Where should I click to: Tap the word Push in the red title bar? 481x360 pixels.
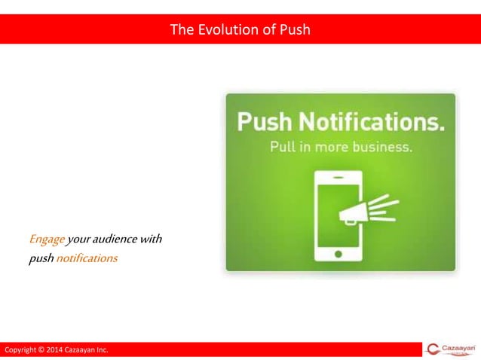point(294,30)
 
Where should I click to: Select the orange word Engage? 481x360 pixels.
point(47,239)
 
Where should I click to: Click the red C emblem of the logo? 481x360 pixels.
point(433,349)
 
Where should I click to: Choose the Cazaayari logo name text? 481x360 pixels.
point(459,347)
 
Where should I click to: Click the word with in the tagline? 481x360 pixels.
point(152,239)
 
